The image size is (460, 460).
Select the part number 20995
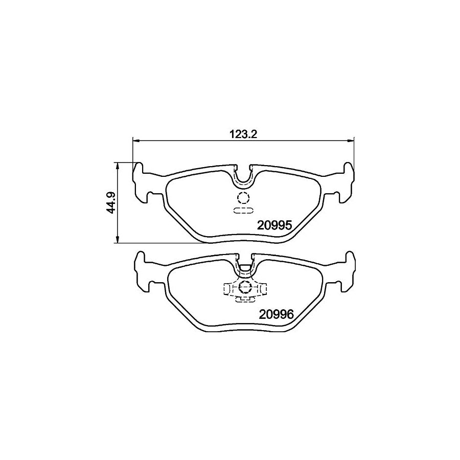[x=274, y=225]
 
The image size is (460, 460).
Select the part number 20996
[x=274, y=315]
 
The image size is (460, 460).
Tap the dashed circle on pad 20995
[x=243, y=199]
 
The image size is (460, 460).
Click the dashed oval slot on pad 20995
[x=243, y=210]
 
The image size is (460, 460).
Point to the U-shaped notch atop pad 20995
[x=243, y=176]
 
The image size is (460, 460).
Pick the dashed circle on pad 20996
[x=244, y=287]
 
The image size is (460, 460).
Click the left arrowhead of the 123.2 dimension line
[x=135, y=140]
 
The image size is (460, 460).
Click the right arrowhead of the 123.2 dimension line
[x=352, y=140]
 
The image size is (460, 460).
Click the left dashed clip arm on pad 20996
[x=227, y=289]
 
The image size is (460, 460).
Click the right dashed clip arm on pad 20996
[x=262, y=289]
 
